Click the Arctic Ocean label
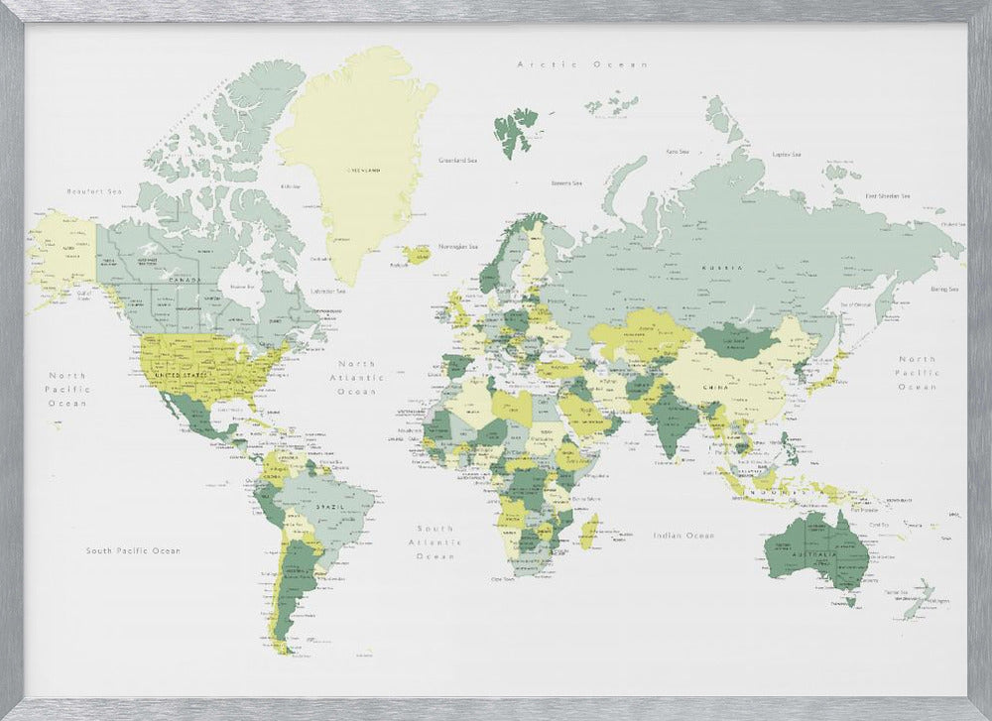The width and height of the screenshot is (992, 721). point(582,63)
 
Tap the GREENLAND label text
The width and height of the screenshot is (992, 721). point(363,170)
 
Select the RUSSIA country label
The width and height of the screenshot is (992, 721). point(721,269)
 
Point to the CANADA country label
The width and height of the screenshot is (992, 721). point(184,280)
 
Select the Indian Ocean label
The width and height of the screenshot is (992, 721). point(683,536)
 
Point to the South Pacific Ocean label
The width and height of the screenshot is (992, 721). point(133,550)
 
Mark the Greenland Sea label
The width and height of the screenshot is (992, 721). point(458,159)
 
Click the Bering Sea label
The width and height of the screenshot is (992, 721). point(944,289)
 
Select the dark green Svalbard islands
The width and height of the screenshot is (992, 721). point(515,134)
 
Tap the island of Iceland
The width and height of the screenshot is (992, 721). point(417,255)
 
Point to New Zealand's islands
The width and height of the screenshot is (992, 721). point(921,598)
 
